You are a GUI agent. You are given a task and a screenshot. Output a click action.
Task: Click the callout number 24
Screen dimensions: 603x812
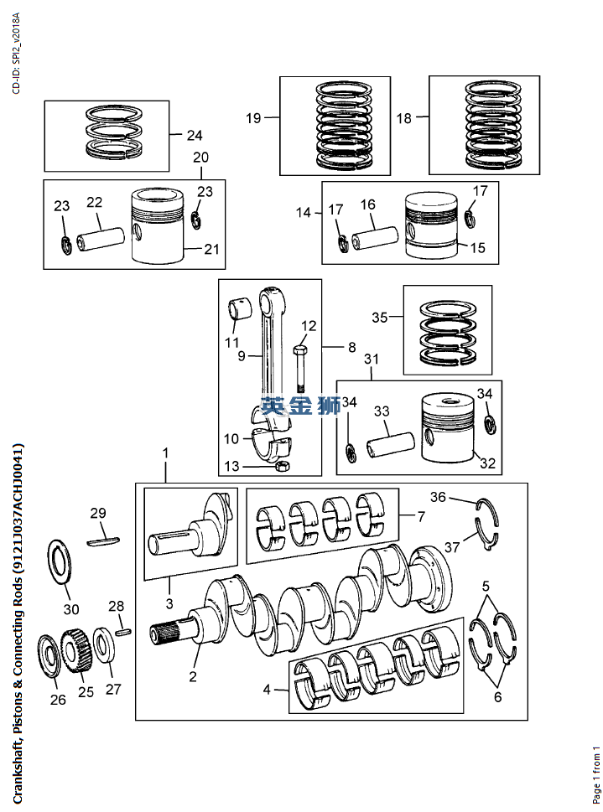[x=195, y=136]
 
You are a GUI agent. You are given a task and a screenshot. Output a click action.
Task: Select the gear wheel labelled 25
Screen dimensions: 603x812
[x=76, y=650]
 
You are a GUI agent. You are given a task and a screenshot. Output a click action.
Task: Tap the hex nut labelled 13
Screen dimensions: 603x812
[x=283, y=466]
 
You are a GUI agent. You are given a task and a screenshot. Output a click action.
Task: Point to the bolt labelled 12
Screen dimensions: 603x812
[x=300, y=369]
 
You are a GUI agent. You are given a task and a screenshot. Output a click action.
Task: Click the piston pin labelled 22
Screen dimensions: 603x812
[x=101, y=239]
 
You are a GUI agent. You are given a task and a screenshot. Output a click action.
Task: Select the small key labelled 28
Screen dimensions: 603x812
[x=123, y=631]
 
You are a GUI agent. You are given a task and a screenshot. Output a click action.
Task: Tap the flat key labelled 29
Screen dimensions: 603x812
[x=103, y=541]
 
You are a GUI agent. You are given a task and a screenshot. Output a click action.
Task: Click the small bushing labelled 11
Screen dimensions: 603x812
[x=238, y=307]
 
